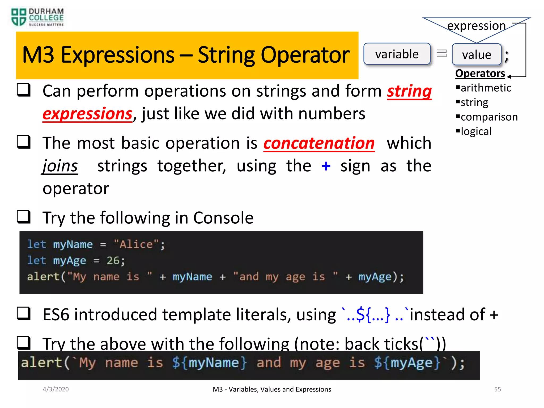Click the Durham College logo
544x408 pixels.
point(37,17)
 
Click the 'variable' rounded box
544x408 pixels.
point(397,54)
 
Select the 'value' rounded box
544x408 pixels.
point(477,55)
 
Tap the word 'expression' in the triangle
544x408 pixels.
point(477,26)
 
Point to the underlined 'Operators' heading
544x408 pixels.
point(480,74)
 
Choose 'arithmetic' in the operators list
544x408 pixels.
point(486,88)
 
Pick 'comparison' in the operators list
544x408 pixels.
point(489,117)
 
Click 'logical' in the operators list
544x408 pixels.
point(476,131)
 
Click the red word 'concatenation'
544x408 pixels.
point(319,143)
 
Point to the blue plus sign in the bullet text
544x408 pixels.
point(326,166)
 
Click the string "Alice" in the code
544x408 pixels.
point(136,244)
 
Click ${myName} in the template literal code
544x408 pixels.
point(209,363)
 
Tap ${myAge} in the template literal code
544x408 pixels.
point(407,363)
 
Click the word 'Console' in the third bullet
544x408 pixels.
point(223,218)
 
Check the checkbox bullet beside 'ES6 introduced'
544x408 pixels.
point(24,313)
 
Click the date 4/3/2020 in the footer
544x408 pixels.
point(56,389)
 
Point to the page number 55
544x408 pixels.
point(497,389)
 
